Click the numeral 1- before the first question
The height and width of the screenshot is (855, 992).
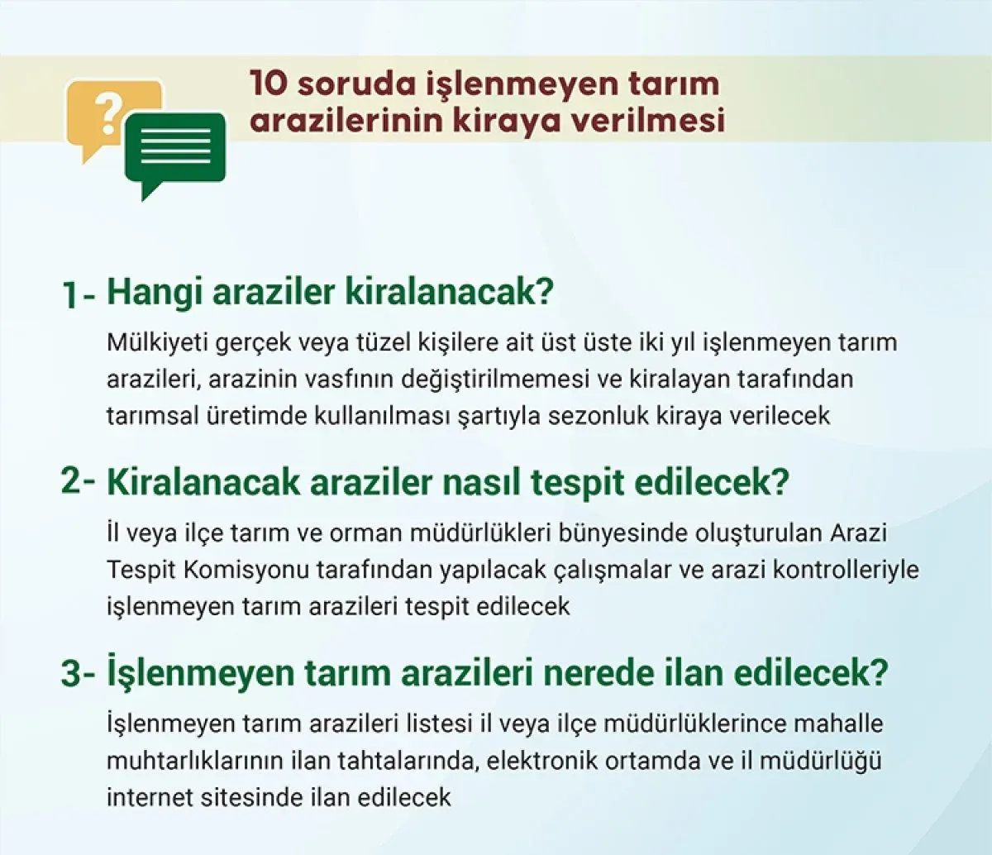79,294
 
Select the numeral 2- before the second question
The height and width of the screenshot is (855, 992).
78,481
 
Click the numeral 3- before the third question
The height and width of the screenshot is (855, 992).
78,674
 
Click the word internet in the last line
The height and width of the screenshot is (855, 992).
149,798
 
